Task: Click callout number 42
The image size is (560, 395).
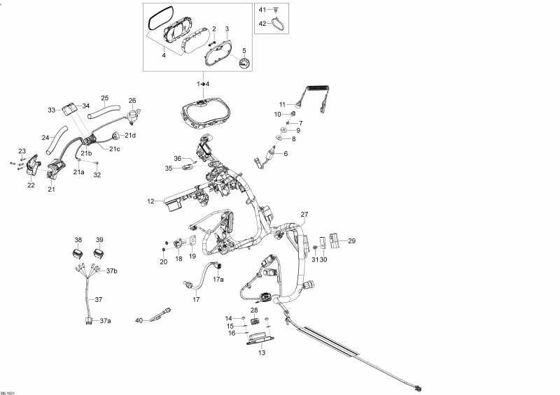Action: (262, 24)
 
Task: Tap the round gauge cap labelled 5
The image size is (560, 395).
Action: (244, 64)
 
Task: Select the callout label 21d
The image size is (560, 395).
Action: (130, 135)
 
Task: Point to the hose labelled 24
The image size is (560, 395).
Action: (56, 140)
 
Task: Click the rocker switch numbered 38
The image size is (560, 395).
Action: (78, 254)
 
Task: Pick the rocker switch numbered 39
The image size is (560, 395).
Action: (99, 254)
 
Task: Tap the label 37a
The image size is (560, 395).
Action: (106, 321)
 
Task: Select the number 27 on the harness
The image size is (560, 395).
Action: (304, 215)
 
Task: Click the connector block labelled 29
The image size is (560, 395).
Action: (335, 240)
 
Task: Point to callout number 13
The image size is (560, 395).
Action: (262, 352)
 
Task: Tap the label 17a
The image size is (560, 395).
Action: (218, 280)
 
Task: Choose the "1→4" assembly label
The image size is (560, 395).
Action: (203, 84)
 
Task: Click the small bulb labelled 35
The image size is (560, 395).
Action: (188, 166)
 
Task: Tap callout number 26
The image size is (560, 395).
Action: (132, 101)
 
